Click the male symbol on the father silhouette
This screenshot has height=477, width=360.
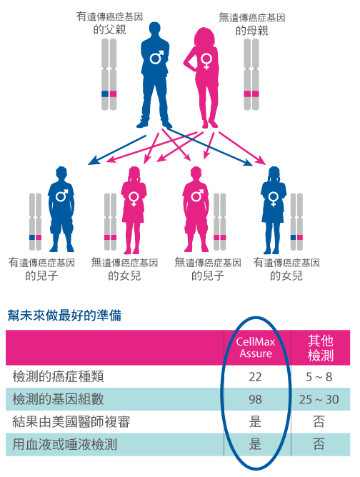point(156,57)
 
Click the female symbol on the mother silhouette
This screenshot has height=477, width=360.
point(206,61)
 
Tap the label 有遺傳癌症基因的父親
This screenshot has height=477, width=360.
point(109,23)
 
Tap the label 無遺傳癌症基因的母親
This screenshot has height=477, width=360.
point(252,24)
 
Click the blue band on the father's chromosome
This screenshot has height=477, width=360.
point(105,94)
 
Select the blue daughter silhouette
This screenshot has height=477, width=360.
point(274,210)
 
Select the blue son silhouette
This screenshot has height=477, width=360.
point(61,209)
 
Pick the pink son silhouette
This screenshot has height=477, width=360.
point(196,209)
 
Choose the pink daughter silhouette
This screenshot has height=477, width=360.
point(134,210)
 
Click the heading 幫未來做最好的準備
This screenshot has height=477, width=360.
point(64,316)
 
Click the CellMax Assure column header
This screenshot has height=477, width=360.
point(256,348)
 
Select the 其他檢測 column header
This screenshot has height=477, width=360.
point(321,348)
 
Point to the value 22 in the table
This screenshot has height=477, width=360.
point(255,377)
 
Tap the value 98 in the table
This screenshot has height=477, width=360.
point(255,399)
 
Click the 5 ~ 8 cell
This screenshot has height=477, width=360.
point(319,377)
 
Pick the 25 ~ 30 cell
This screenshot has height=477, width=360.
point(319,399)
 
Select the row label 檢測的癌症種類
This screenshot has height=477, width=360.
point(58,376)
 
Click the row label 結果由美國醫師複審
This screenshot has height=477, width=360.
point(71,422)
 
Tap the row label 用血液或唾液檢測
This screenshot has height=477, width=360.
point(64,444)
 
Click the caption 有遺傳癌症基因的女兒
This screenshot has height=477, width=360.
point(286,269)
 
